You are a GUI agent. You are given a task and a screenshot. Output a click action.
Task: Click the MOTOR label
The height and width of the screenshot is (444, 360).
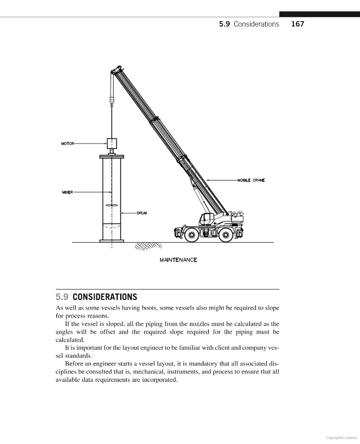click(x=68, y=144)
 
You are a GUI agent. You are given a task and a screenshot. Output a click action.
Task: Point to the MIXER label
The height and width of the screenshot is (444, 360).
click(x=68, y=192)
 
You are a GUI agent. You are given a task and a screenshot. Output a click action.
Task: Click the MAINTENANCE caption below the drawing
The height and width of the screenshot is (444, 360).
click(x=178, y=260)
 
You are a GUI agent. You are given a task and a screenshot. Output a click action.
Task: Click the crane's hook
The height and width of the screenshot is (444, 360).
click(x=112, y=103)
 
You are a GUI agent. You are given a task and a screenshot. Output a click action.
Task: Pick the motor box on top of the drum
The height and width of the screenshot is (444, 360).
click(x=112, y=144)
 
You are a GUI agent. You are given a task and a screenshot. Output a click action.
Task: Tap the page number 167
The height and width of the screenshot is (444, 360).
click(x=298, y=24)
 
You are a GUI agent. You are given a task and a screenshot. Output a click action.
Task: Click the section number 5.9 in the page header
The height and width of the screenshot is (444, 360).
click(x=224, y=24)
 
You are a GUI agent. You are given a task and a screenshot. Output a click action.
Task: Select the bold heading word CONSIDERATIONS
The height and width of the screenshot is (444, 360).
click(x=105, y=297)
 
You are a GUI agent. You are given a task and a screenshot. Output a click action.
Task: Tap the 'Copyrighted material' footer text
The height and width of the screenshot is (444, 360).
click(x=342, y=437)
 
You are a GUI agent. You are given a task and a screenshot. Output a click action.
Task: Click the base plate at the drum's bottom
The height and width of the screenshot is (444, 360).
click(x=112, y=241)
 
